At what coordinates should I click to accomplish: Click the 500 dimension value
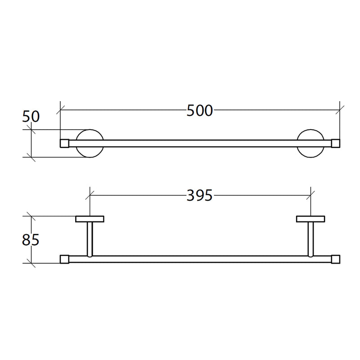(x=199, y=111)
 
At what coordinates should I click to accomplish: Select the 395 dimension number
(x=199, y=196)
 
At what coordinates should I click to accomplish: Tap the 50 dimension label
(x=31, y=117)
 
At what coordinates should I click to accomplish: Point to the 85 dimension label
(x=31, y=240)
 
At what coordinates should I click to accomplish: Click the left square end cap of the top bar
(x=64, y=143)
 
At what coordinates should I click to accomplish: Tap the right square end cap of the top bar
(x=336, y=143)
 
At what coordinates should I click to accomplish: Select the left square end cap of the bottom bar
(x=64, y=259)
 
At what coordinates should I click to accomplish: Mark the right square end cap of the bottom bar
(x=336, y=259)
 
